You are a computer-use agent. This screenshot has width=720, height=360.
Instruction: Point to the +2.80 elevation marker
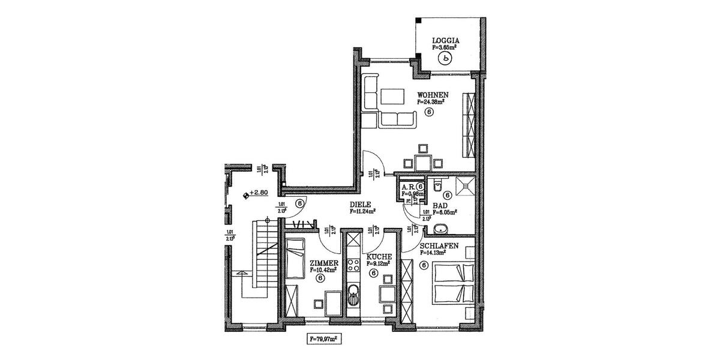(x=256, y=194)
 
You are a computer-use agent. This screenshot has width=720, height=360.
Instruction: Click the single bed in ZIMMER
(x=295, y=258)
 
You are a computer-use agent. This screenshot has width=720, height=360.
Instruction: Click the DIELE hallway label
(x=362, y=204)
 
